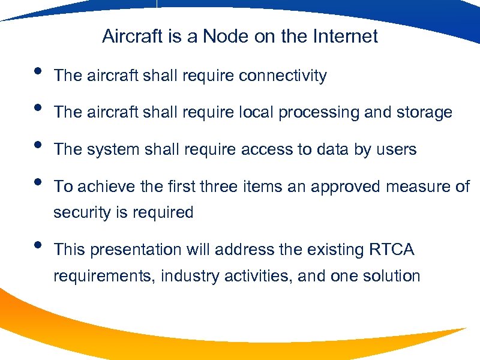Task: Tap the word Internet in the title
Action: [346, 37]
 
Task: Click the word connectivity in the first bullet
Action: [283, 76]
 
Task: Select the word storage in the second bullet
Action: [423, 113]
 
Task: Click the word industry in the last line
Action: [180, 276]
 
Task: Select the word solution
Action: [390, 276]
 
